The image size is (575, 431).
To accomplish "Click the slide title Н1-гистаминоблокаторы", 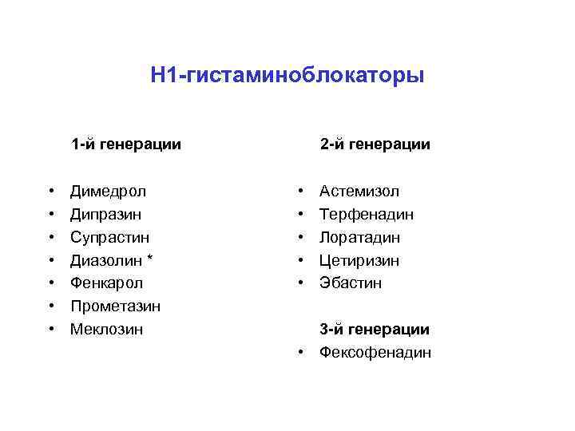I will coord(287,76).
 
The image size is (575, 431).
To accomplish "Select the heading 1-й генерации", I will coord(126,144).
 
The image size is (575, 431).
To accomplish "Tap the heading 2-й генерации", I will coord(375,144).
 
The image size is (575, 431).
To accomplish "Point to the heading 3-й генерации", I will coord(375,329).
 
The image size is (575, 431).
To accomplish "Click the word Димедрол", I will coord(108,192).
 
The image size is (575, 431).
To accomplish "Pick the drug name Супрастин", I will coord(110,237).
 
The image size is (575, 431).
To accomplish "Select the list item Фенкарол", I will coord(105,283).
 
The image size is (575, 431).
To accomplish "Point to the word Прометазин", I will coord(115,306).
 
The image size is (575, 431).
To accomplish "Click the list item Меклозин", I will coord(107,329).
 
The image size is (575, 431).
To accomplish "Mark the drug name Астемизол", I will coord(359,192).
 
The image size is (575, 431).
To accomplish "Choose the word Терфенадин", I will coord(367,214).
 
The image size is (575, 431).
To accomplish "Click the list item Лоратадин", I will coord(360,237).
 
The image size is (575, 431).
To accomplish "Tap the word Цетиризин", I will coord(359,260).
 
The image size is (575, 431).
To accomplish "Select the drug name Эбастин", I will coord(351,283).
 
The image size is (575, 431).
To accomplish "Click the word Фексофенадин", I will coord(375,352).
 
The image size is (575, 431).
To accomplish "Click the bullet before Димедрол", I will coord(51,192).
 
